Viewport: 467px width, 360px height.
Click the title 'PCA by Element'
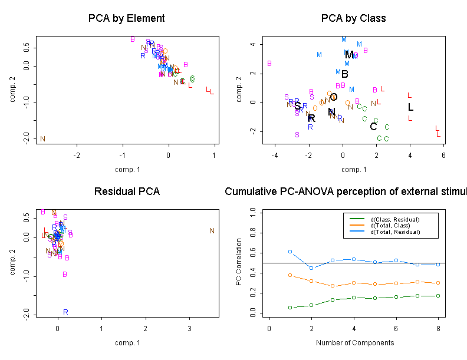click(126, 18)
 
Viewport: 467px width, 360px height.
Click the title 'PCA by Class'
click(353, 18)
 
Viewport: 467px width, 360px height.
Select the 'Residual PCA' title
click(126, 192)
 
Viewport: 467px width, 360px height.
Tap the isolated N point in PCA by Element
click(42, 139)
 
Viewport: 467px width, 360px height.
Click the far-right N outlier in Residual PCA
click(212, 231)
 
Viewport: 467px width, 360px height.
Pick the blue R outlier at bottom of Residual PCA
click(65, 312)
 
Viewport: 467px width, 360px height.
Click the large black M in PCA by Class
click(350, 55)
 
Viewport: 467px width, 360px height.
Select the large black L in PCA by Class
click(411, 107)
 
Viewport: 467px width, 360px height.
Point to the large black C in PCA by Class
click(373, 127)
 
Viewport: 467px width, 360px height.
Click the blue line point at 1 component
click(290, 252)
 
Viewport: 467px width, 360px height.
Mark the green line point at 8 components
click(438, 296)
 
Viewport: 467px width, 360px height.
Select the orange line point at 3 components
click(333, 286)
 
